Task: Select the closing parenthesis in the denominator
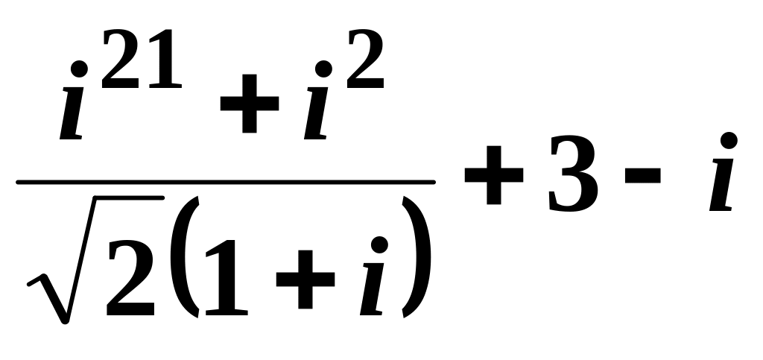(415, 253)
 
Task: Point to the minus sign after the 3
(647, 182)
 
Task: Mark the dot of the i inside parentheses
(381, 244)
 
